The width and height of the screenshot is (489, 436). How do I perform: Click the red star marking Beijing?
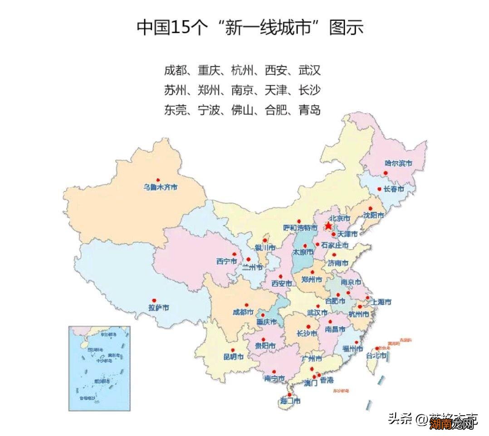point(328,225)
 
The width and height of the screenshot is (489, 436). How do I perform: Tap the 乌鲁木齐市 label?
point(160,187)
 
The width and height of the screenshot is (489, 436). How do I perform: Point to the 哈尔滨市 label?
point(398,163)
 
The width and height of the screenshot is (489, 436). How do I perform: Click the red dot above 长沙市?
point(308,326)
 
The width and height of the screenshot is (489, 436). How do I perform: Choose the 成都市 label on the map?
point(243,312)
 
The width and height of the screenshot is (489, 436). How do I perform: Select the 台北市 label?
point(377,356)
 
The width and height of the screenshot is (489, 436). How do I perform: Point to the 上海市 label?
point(381,302)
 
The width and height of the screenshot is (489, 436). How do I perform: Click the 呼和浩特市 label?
point(300,227)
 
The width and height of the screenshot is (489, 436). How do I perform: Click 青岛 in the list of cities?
point(309,110)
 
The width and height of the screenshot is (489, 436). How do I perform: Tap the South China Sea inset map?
point(99,368)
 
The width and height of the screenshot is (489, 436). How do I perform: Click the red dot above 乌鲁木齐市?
point(158,180)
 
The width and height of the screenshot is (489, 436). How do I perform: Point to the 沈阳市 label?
point(373,215)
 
